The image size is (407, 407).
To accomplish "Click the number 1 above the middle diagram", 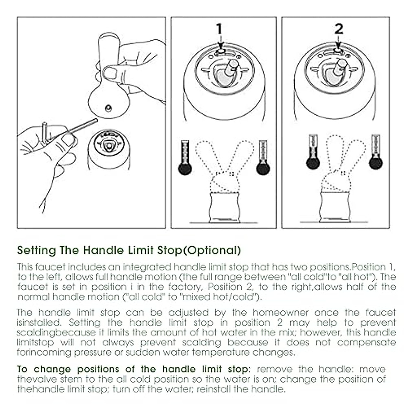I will tap(220, 29).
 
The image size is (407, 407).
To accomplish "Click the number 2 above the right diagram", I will tap(338, 29).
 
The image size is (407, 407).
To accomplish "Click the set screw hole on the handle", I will tap(108, 108).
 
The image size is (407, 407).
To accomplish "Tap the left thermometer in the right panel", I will tap(313, 152).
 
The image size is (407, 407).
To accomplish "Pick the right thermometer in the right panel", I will tap(375, 152).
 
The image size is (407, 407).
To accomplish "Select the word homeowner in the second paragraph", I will tap(280, 312).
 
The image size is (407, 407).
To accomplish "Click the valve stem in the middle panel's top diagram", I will tap(232, 68).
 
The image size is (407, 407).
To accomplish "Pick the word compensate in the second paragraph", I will tap(366, 343).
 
